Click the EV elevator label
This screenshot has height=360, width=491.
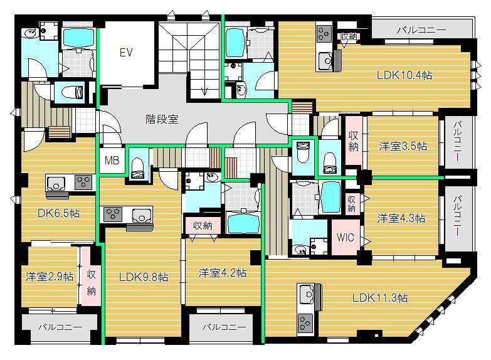click(126, 52)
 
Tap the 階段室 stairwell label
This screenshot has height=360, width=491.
click(162, 119)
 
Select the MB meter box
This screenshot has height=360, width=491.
click(112, 161)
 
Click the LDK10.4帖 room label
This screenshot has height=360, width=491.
click(404, 75)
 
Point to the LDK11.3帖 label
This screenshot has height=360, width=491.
click(380, 297)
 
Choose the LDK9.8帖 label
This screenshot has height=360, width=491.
click(144, 277)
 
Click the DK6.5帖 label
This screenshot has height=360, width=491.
click(58, 213)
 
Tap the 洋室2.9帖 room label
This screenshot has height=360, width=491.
click(50, 277)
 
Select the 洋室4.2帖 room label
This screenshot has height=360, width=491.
click(223, 273)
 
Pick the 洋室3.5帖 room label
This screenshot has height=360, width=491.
click(403, 146)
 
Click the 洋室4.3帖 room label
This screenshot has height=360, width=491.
click(401, 218)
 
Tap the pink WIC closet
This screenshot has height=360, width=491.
click(346, 237)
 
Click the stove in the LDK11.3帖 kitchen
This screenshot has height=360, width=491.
click(304, 324)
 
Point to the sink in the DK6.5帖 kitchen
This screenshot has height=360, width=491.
click(56, 183)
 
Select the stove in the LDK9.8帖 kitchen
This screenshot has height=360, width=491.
click(113, 214)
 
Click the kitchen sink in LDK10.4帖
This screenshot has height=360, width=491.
click(325, 61)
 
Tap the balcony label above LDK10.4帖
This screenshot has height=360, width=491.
click(421, 30)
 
